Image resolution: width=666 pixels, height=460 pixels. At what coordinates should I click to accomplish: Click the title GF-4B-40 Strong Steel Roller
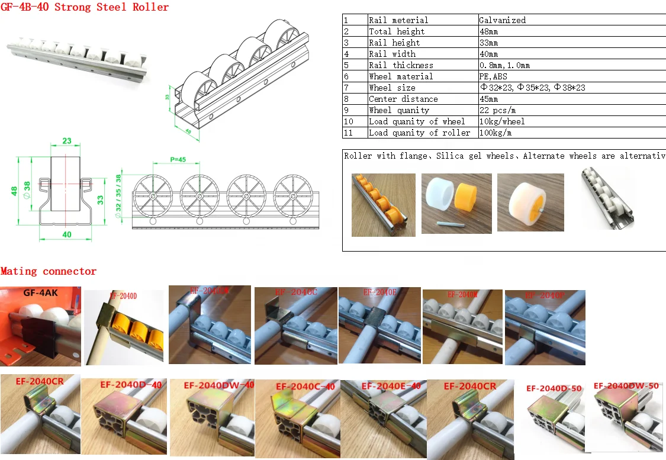(x=85, y=8)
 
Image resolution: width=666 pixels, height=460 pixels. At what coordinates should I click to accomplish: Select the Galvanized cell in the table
(x=502, y=20)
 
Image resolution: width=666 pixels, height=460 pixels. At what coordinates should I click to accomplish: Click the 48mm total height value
(x=488, y=31)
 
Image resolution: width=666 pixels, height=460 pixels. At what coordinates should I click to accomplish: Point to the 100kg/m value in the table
(x=496, y=133)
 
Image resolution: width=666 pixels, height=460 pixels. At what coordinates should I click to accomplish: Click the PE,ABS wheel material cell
(x=493, y=76)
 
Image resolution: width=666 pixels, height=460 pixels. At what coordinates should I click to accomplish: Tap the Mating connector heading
(x=49, y=271)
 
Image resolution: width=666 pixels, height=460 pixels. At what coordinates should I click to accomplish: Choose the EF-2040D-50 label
(x=554, y=388)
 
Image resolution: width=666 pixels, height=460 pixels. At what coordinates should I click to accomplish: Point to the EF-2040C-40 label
(x=305, y=387)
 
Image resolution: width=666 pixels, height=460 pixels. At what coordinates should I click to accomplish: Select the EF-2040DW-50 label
(x=626, y=385)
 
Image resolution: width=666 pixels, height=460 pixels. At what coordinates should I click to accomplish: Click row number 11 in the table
(x=348, y=133)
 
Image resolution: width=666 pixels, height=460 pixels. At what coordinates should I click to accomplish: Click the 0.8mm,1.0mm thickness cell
(x=504, y=65)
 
